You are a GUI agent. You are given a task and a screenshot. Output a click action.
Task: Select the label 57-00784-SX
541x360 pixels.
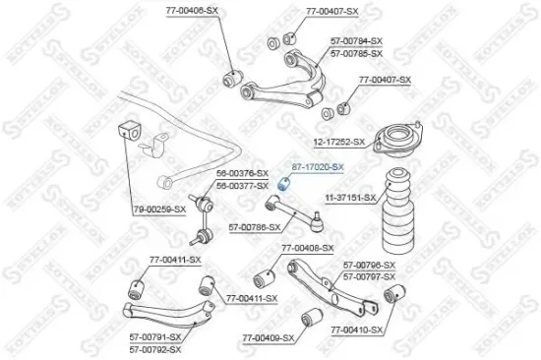coord(355,41)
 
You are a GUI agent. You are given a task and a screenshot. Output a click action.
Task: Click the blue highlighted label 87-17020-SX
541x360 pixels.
coord(317,166)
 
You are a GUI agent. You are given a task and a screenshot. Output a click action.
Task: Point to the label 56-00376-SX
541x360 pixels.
coord(241,175)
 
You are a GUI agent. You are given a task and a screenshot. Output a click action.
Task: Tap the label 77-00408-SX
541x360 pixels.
coord(307,248)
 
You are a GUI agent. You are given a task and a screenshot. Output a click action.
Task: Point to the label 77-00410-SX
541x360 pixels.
coord(356,331)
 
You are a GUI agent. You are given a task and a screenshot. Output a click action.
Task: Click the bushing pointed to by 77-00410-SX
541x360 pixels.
coord(391,296)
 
